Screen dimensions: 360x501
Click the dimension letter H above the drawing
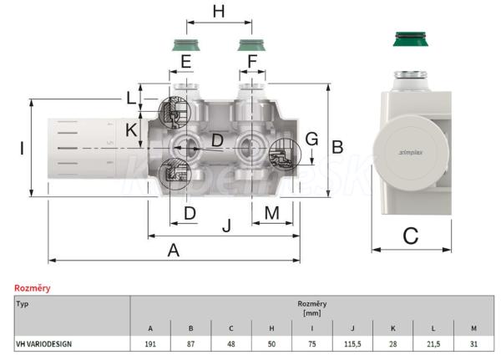[x=219, y=12]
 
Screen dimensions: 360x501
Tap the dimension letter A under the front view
[x=174, y=250]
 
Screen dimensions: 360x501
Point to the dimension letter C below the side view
[x=410, y=236]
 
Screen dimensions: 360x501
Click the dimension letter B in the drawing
[x=337, y=147]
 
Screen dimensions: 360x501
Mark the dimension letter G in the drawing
[x=311, y=139]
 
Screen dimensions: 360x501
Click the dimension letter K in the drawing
[x=131, y=129]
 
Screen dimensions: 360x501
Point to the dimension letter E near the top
[x=185, y=60]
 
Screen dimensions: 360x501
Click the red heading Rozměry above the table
[x=32, y=288]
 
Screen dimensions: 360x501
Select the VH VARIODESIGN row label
[x=43, y=342]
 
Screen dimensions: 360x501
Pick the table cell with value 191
[x=150, y=342]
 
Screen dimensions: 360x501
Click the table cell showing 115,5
[x=352, y=342]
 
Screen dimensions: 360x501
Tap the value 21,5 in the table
[x=433, y=342]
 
